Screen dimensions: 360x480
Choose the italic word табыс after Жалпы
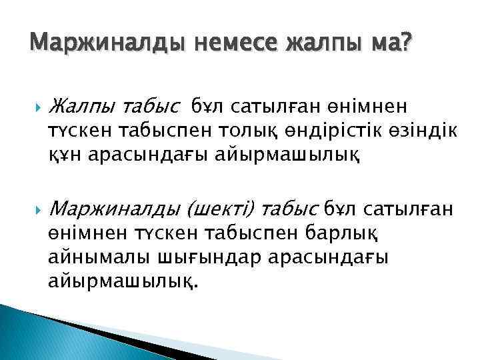(150, 105)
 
